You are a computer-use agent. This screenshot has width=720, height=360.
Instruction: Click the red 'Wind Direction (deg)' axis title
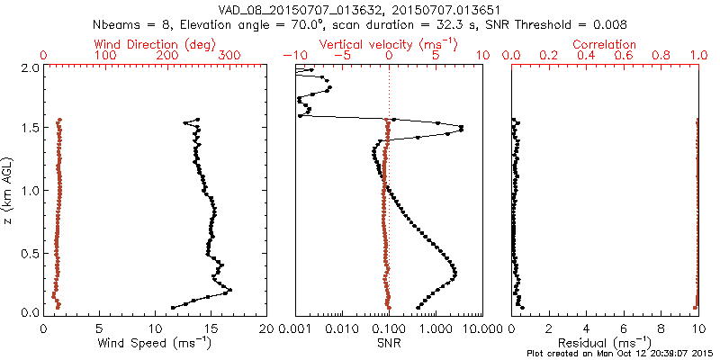click(156, 43)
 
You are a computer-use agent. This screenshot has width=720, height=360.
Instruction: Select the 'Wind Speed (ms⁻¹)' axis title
click(156, 343)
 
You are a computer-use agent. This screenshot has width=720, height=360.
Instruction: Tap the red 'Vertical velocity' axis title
click(389, 43)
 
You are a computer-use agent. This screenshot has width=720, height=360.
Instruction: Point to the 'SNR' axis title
click(389, 343)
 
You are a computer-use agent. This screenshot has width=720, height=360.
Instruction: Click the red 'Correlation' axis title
click(605, 43)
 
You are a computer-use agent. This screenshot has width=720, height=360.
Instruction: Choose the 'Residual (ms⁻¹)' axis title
click(605, 343)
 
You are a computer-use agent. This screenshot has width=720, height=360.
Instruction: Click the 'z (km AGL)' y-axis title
click(8, 190)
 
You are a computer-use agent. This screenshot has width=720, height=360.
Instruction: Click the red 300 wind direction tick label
click(230, 56)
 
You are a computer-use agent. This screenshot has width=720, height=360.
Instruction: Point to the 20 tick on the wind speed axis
click(266, 328)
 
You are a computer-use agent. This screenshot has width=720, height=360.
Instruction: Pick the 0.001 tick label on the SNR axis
click(296, 328)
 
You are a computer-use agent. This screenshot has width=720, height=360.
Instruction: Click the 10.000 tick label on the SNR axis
click(477, 328)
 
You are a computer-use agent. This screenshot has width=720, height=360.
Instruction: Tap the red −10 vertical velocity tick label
click(293, 56)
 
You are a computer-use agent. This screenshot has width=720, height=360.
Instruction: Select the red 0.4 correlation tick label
click(586, 56)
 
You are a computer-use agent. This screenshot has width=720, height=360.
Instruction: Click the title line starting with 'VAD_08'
click(359, 10)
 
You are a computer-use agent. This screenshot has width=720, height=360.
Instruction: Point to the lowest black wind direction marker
click(173, 308)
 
